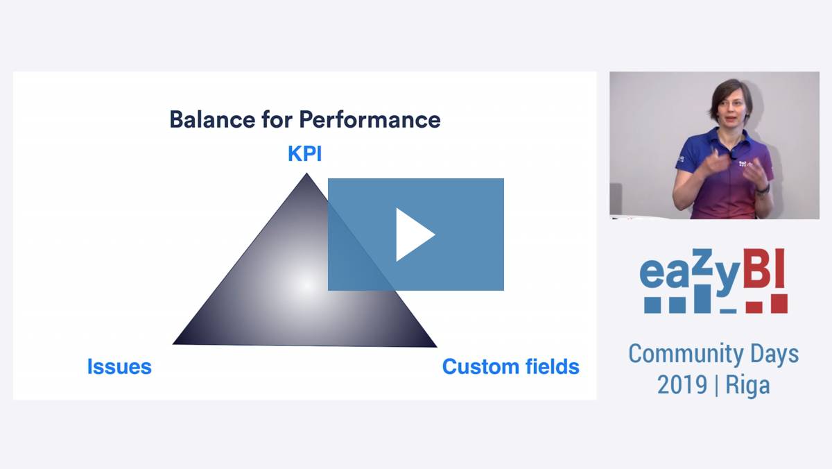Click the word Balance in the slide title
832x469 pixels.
pos(212,119)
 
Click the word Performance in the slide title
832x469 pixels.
pos(370,119)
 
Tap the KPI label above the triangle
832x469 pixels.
pos(304,153)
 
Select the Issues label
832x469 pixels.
pos(119,366)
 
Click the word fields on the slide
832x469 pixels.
pos(553,366)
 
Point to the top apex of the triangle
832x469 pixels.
pos(306,173)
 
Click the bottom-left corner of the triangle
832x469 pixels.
pos(173,343)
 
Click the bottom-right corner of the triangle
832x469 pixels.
pos(436,347)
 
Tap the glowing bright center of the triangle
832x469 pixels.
pos(306,285)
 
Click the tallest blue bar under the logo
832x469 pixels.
pos(702,299)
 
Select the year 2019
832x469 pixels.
pos(682,384)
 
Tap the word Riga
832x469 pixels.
pos(747,386)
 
